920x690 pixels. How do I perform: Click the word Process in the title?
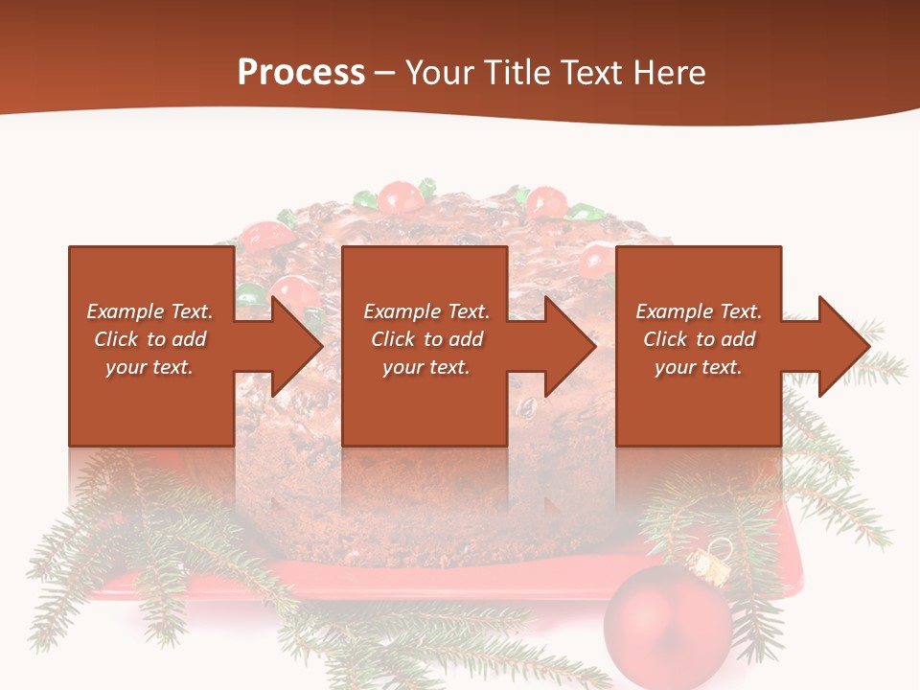click(x=301, y=72)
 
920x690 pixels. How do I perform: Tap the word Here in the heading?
click(x=670, y=73)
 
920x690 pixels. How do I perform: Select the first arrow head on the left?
click(x=292, y=346)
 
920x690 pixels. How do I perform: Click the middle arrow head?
click(x=566, y=346)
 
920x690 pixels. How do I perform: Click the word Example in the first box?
click(x=125, y=311)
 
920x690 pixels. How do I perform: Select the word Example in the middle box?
click(x=402, y=311)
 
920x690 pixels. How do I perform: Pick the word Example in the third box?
click(x=674, y=311)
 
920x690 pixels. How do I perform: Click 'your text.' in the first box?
click(x=149, y=367)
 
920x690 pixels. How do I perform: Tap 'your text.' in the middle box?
click(x=426, y=367)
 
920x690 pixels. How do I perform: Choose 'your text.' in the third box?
click(x=699, y=367)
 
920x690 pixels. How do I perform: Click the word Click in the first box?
click(x=116, y=339)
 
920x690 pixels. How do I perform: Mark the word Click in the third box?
click(x=665, y=339)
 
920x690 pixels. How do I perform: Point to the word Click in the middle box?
click(x=393, y=339)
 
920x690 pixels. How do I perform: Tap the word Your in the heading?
click(x=438, y=73)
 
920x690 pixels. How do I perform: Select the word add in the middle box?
click(x=466, y=339)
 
